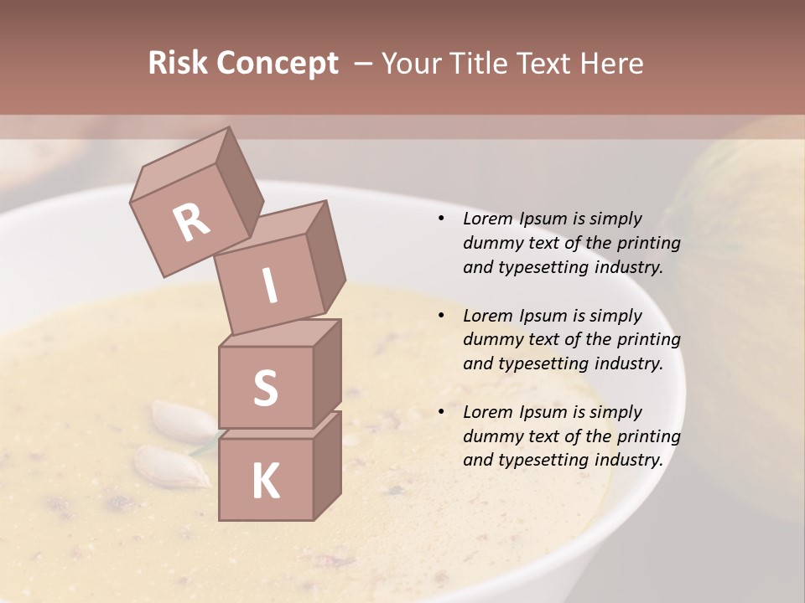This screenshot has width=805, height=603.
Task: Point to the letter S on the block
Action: point(265,388)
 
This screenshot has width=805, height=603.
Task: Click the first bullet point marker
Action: point(441,219)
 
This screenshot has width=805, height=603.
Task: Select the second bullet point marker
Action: point(441,316)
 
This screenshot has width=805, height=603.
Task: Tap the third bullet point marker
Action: point(441,412)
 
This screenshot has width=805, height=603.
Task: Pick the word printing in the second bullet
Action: point(648,339)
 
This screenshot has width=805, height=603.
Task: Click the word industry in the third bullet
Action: point(629,460)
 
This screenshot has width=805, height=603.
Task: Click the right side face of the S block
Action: point(327,373)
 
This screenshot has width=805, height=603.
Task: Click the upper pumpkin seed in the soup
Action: point(180,422)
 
